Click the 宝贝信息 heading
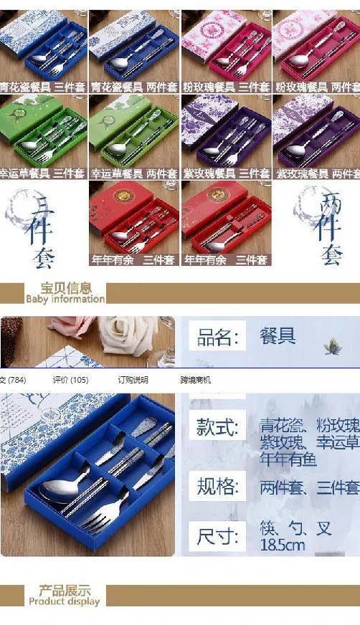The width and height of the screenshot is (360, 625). pyautogui.click(x=65, y=289)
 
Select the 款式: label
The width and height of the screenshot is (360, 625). pyautogui.click(x=217, y=428)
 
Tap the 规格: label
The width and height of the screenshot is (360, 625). pyautogui.click(x=217, y=487)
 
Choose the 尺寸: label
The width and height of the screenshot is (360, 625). pyautogui.click(x=217, y=536)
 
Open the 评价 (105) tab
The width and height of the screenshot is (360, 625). pyautogui.click(x=70, y=380)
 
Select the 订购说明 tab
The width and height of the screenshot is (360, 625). pyautogui.click(x=133, y=380)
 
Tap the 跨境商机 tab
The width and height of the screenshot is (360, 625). pyautogui.click(x=196, y=380)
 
